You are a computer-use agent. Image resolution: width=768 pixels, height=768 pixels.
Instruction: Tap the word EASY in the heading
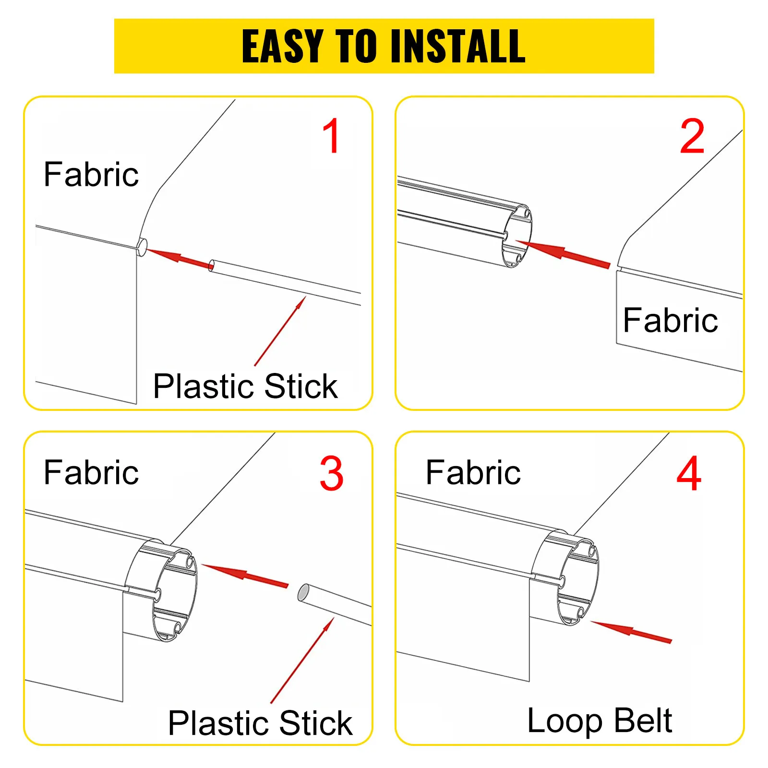[282, 46]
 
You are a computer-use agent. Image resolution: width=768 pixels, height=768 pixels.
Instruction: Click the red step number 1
[332, 136]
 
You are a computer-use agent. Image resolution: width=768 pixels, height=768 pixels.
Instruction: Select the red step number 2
[692, 136]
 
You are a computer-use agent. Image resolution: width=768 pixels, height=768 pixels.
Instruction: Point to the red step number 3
[332, 474]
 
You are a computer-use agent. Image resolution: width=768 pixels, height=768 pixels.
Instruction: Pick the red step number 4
[689, 474]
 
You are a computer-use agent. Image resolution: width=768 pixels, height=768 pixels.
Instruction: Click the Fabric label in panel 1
[91, 174]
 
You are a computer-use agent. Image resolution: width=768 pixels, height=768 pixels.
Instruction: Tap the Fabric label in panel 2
[670, 320]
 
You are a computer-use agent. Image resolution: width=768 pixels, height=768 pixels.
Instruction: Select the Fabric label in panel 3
[91, 472]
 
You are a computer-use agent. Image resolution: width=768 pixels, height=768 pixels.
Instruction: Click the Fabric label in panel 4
[473, 472]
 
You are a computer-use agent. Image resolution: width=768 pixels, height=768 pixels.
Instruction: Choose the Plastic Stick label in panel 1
[245, 386]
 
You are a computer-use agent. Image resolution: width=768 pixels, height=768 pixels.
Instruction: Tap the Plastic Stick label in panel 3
[260, 723]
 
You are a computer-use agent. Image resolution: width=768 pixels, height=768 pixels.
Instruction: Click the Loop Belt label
[600, 720]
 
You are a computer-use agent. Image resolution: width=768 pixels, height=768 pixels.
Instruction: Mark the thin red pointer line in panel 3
[302, 660]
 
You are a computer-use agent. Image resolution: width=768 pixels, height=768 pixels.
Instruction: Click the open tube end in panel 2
[517, 236]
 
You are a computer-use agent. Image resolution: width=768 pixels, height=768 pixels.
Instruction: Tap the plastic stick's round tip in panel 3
[304, 592]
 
